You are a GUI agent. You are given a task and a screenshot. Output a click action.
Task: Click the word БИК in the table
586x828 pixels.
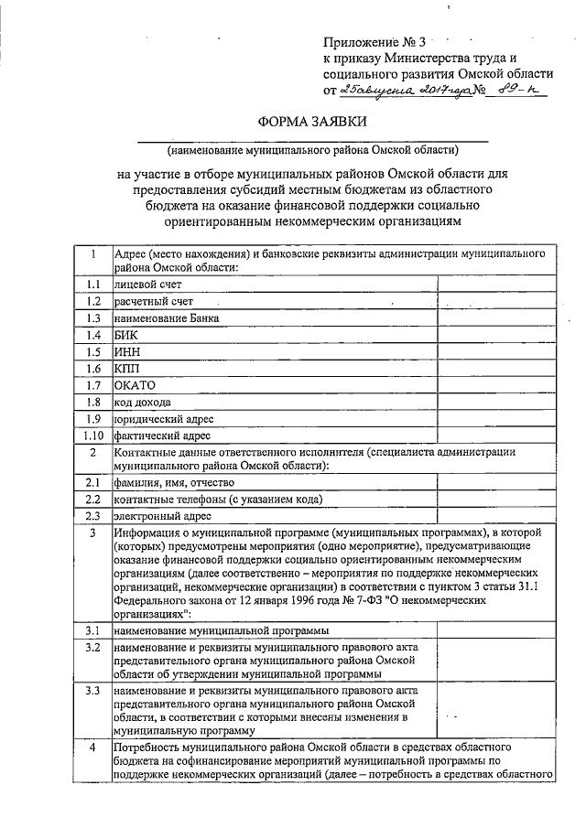[125, 335]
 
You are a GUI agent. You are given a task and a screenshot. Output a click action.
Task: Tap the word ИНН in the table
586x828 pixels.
[126, 351]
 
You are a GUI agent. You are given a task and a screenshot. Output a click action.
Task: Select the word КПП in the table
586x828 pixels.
[126, 368]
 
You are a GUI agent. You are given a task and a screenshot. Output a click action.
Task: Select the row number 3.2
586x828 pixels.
[92, 647]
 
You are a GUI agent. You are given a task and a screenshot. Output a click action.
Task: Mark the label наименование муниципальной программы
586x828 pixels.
[221, 630]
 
